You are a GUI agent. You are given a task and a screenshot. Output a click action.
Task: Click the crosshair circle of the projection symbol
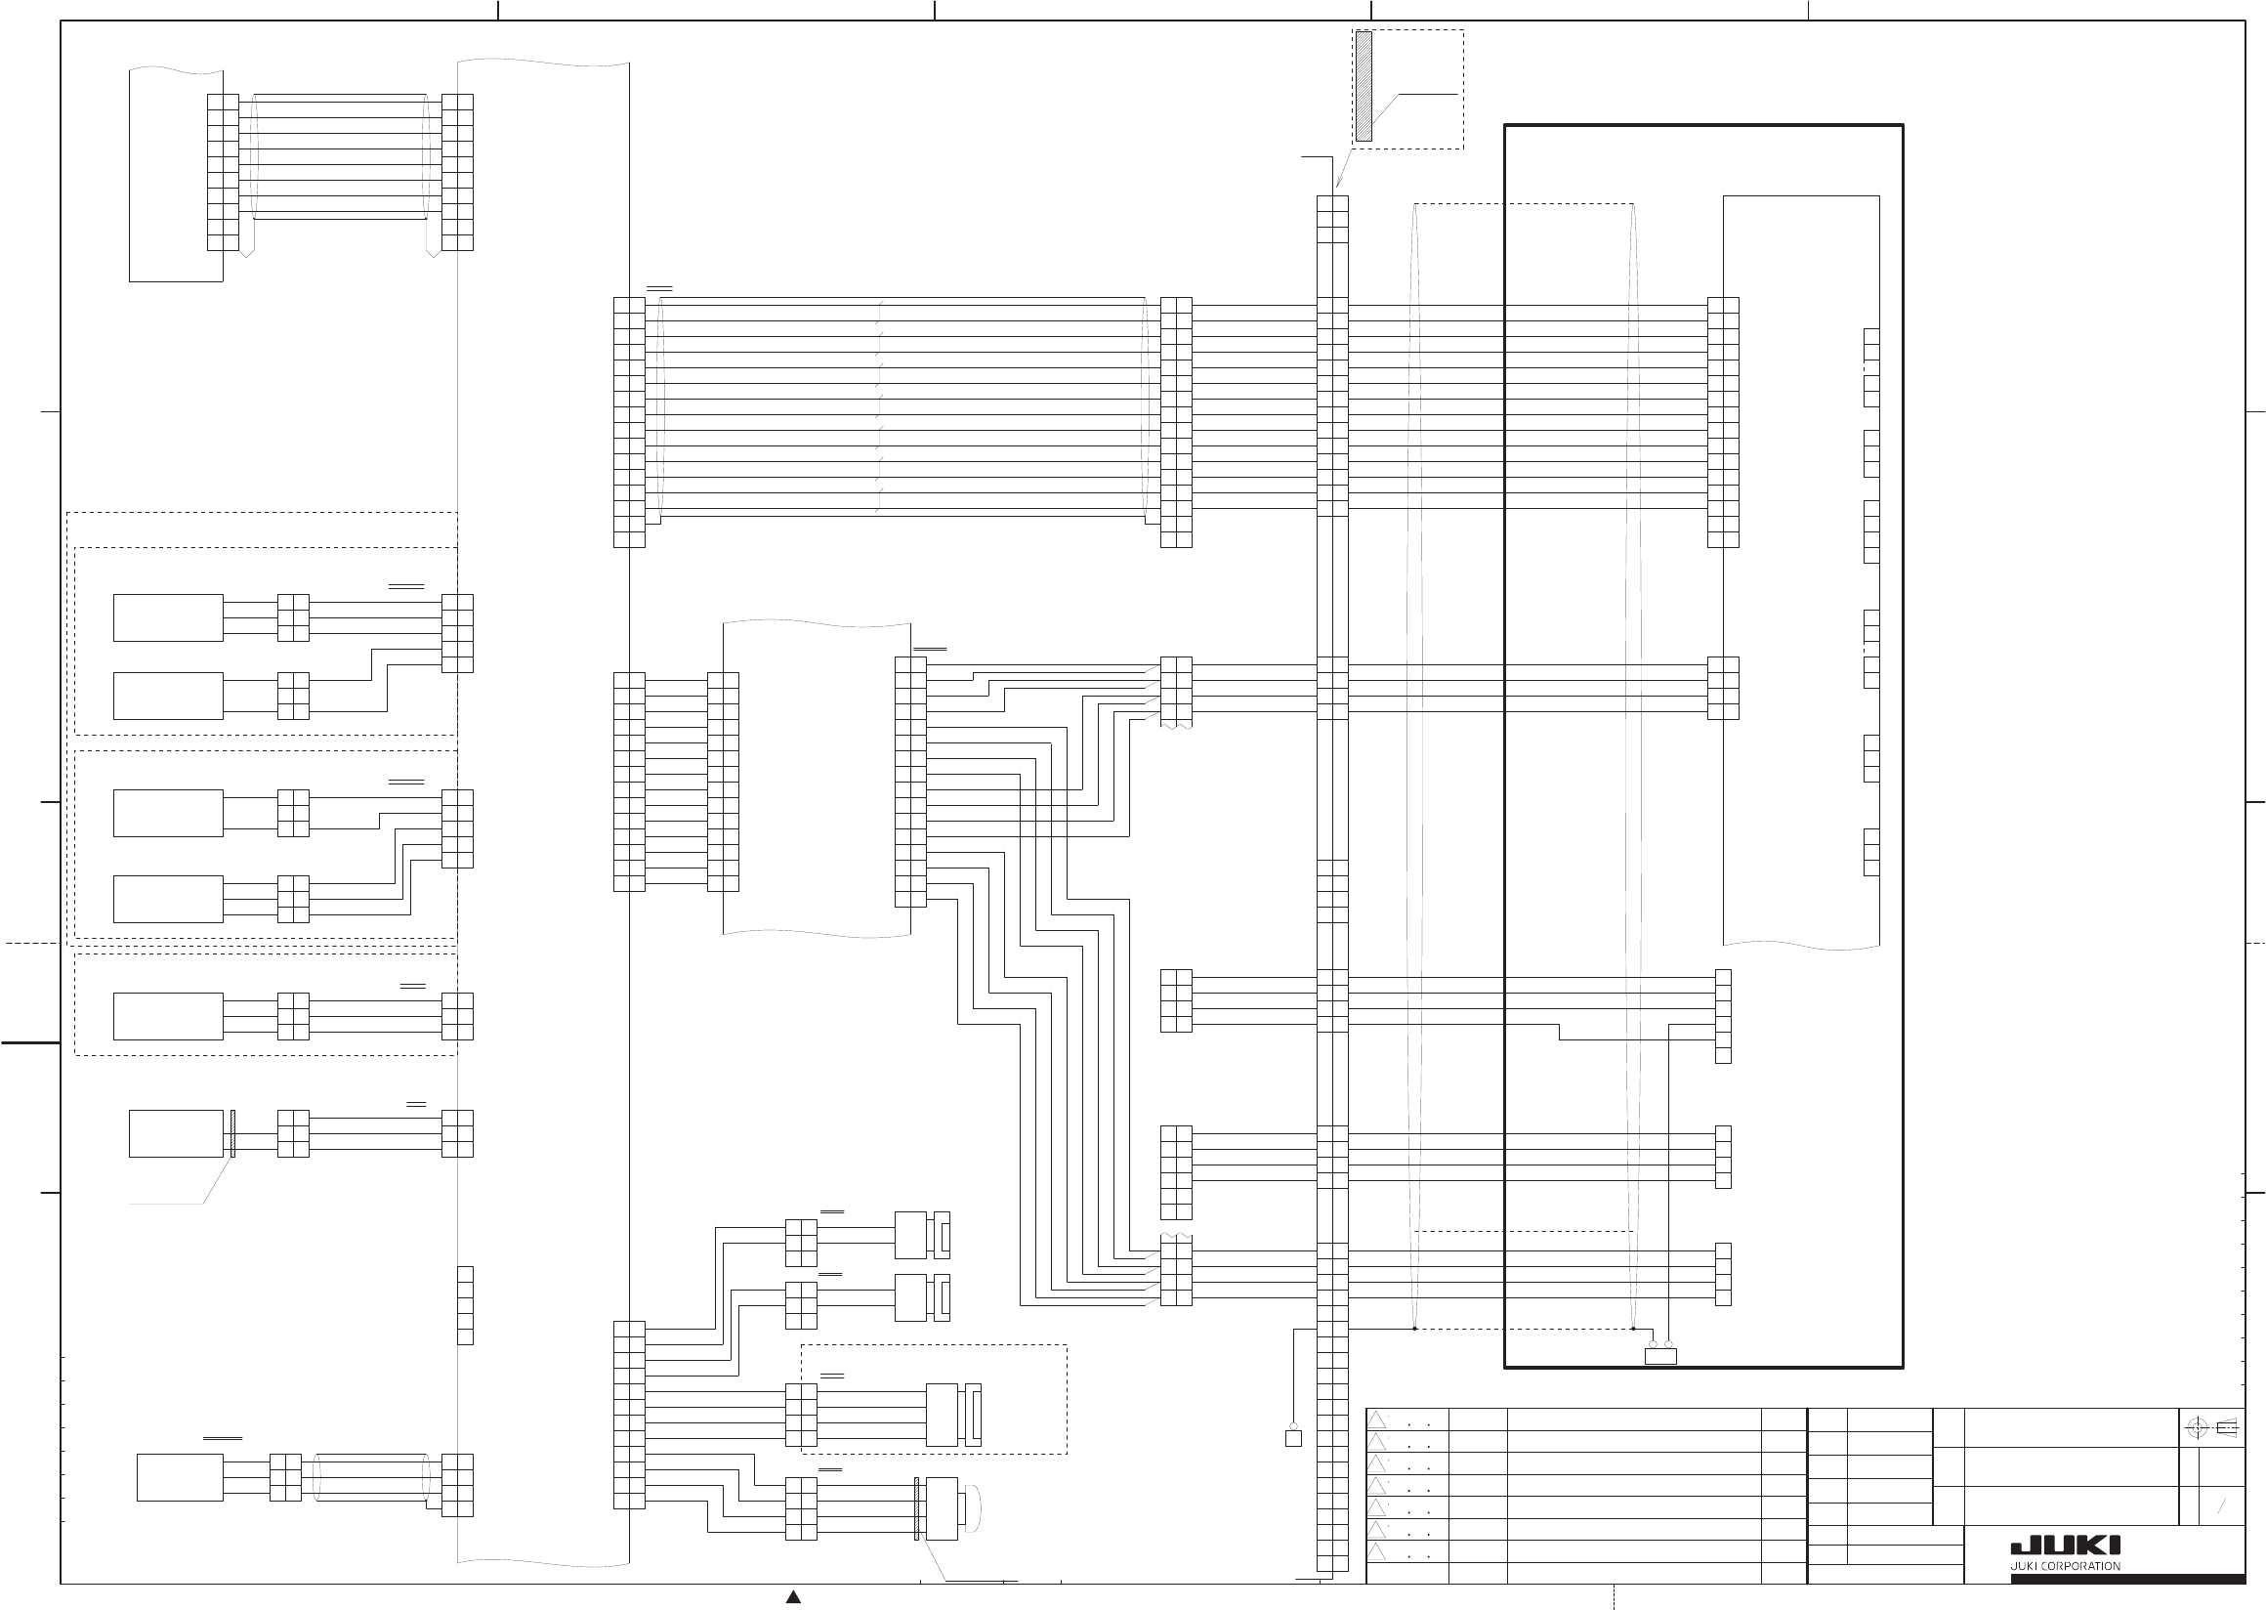tap(2197, 1428)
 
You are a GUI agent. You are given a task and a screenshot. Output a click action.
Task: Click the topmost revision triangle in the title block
tap(1377, 1419)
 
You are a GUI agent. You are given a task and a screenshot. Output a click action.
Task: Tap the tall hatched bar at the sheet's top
tap(1364, 86)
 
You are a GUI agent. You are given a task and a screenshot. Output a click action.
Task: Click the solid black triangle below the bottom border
tap(793, 1596)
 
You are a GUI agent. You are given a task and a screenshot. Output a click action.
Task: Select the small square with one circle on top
tap(1292, 1436)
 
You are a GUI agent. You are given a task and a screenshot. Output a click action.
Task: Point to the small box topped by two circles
tap(1660, 1354)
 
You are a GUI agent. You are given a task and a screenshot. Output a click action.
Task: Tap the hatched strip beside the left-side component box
tap(231, 1133)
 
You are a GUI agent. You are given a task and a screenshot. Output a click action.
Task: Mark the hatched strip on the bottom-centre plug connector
tap(916, 1508)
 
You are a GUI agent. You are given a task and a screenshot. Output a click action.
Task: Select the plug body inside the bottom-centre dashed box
tap(942, 1415)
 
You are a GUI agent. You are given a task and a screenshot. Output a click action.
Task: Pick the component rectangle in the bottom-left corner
tap(180, 1477)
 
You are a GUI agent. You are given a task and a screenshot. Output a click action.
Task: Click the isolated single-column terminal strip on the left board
tap(465, 1304)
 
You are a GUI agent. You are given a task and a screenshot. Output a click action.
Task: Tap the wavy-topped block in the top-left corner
tap(176, 175)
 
